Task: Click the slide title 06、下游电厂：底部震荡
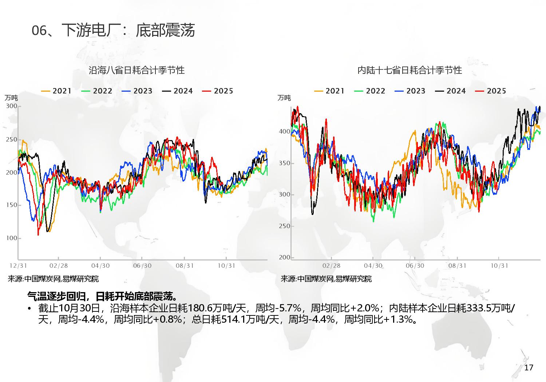click(x=113, y=31)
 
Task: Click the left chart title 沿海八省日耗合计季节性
click(x=136, y=70)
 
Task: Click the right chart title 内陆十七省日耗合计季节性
click(x=409, y=70)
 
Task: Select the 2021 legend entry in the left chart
click(x=56, y=91)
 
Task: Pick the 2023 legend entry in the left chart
click(x=137, y=91)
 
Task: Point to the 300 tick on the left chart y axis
click(x=12, y=106)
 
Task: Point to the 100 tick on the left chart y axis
click(x=12, y=238)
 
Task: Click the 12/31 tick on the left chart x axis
click(x=18, y=266)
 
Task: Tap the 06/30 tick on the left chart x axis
click(x=142, y=266)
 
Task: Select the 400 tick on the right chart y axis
click(x=285, y=131)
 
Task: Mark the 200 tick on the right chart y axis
click(x=285, y=257)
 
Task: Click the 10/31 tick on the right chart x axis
click(x=499, y=266)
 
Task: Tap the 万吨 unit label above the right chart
click(x=284, y=98)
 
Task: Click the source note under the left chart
click(x=53, y=279)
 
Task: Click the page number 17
click(x=529, y=367)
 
